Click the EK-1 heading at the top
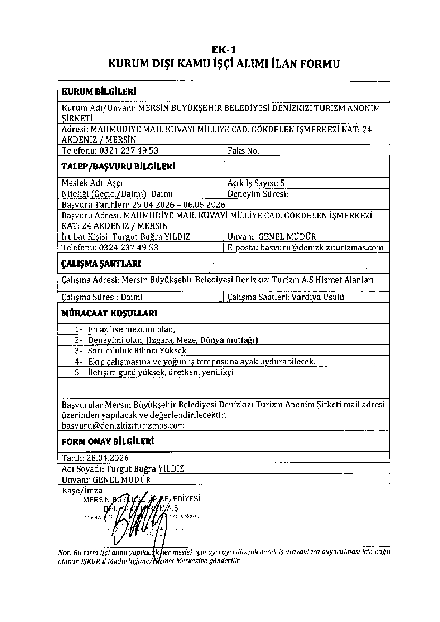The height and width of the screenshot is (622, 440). [224, 50]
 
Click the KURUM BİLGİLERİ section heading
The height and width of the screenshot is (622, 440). [99, 92]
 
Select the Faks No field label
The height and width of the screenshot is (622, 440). [244, 151]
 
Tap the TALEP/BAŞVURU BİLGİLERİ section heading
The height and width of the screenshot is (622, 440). [118, 167]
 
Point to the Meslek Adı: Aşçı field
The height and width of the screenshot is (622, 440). [92, 183]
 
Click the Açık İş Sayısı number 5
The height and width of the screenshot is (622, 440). [283, 183]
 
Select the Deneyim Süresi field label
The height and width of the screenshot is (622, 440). [258, 194]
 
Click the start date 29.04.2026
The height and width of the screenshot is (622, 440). [154, 205]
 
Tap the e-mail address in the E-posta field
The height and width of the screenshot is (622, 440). [322, 248]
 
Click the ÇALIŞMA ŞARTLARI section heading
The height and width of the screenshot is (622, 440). [101, 264]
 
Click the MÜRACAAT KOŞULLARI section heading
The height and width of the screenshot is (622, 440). [109, 313]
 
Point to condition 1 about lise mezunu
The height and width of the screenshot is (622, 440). [131, 330]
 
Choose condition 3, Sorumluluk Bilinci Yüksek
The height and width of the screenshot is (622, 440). [137, 351]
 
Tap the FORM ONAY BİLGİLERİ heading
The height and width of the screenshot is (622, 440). [108, 442]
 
